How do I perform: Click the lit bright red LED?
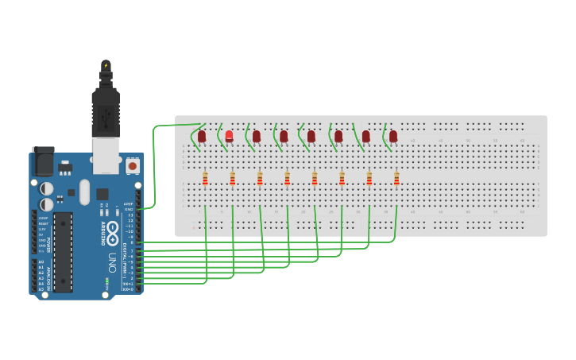tap(229, 136)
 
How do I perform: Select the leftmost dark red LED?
tap(202, 136)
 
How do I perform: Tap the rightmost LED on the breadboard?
tap(393, 136)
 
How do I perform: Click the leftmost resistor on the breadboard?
tap(205, 178)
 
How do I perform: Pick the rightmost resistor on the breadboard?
tap(396, 178)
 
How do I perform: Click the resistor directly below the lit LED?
tap(232, 178)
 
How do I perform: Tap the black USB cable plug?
tap(106, 111)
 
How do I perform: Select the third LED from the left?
tap(257, 136)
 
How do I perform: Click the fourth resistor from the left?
tap(287, 178)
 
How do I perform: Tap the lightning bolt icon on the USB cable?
tap(106, 65)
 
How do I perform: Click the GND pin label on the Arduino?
tap(129, 209)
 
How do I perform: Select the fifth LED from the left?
tap(311, 136)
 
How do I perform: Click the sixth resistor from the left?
tap(342, 178)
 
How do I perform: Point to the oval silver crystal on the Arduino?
tap(84, 192)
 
